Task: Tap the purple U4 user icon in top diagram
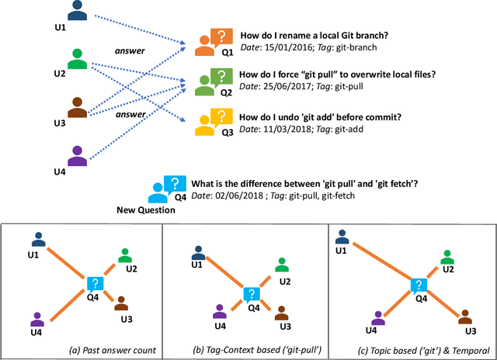pos(77,153)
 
